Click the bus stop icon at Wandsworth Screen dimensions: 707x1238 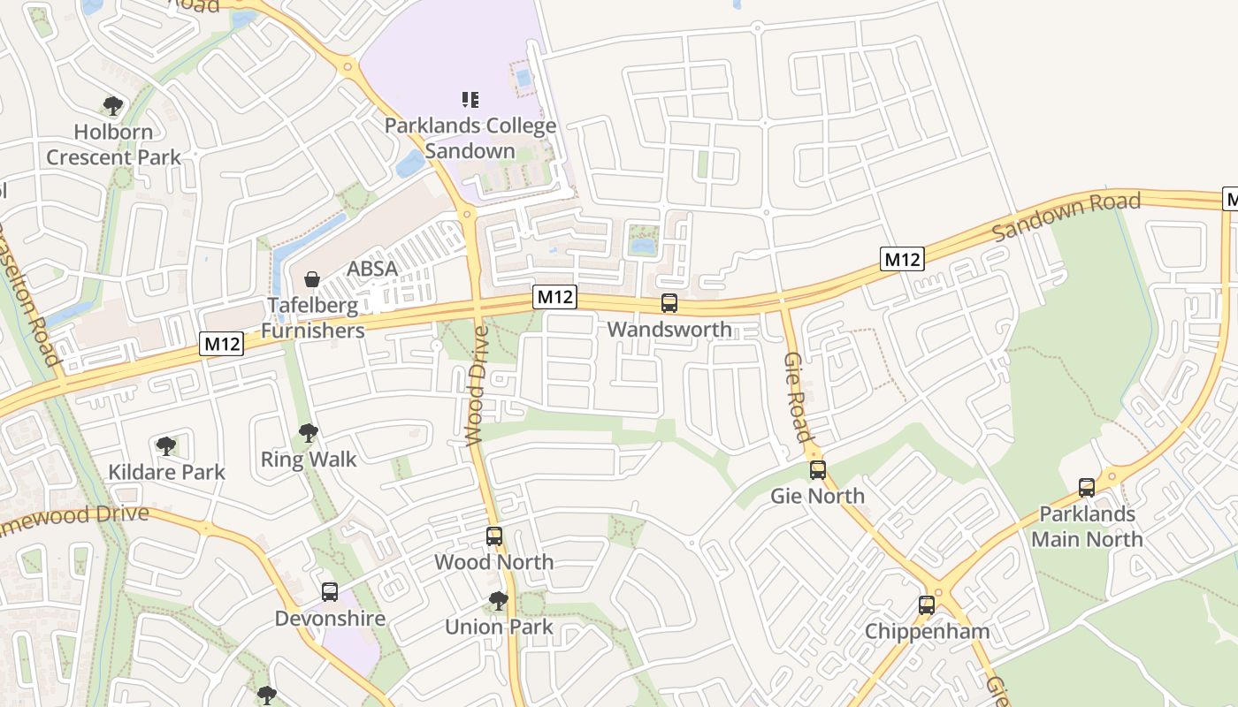click(x=669, y=303)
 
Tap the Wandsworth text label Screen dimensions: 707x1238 click(x=669, y=330)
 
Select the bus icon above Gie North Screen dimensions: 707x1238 click(x=818, y=469)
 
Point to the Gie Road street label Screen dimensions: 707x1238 click(x=797, y=397)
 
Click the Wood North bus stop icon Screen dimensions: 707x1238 click(x=494, y=536)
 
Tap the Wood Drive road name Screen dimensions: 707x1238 click(x=477, y=386)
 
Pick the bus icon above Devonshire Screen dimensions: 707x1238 click(x=330, y=592)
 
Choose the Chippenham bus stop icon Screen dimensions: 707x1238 click(x=927, y=605)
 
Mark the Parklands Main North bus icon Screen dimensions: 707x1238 click(x=1087, y=487)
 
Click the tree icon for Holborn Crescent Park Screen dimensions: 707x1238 click(x=112, y=106)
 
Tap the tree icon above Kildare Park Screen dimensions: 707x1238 click(x=165, y=446)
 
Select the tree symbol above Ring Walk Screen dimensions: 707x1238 click(x=308, y=433)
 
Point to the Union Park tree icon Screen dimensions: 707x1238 click(x=499, y=601)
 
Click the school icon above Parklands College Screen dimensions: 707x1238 click(x=470, y=99)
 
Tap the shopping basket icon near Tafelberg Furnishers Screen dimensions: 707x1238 click(x=311, y=279)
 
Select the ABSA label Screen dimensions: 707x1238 click(x=372, y=269)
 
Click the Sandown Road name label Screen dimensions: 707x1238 click(x=1066, y=217)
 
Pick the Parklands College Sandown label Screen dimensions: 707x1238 click(x=470, y=138)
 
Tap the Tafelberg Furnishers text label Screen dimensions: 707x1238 click(x=313, y=318)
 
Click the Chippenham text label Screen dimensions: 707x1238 click(x=927, y=632)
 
